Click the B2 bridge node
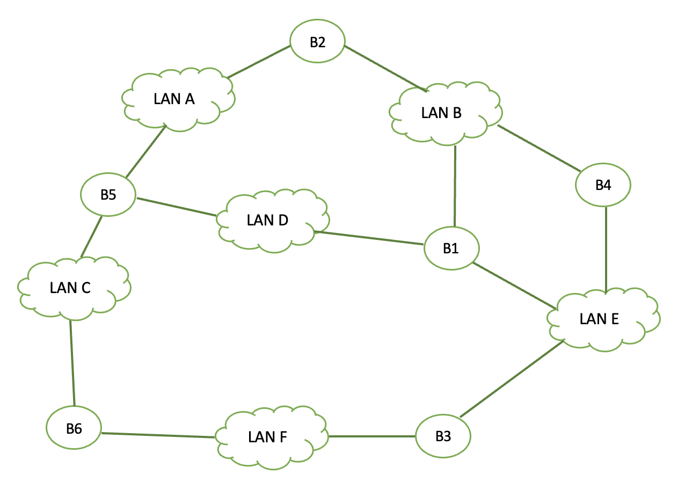click(317, 43)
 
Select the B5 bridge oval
click(108, 195)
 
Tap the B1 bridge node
click(451, 249)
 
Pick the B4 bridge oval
click(603, 185)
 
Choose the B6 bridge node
click(74, 428)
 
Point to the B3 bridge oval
click(443, 436)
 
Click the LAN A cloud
click(174, 100)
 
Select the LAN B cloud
click(441, 113)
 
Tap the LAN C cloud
click(70, 288)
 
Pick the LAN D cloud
click(268, 221)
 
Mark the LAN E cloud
click(600, 319)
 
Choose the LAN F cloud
click(268, 437)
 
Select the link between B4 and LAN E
click(606, 250)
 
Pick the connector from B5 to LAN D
click(177, 208)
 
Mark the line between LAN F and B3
click(371, 436)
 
